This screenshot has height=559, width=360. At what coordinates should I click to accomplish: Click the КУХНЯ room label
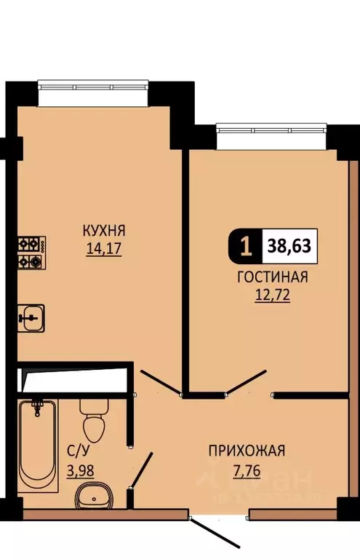pos(105,231)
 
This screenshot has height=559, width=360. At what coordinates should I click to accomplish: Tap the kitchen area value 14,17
pos(105,247)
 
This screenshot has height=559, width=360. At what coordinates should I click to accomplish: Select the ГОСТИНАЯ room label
pos(272,277)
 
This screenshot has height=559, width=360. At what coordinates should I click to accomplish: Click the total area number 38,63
pos(289,247)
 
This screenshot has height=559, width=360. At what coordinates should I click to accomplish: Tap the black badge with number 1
pos(246,247)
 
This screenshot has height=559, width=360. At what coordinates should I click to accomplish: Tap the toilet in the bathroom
pos(93,418)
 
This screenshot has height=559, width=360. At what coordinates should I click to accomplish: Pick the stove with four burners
pos(31,252)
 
